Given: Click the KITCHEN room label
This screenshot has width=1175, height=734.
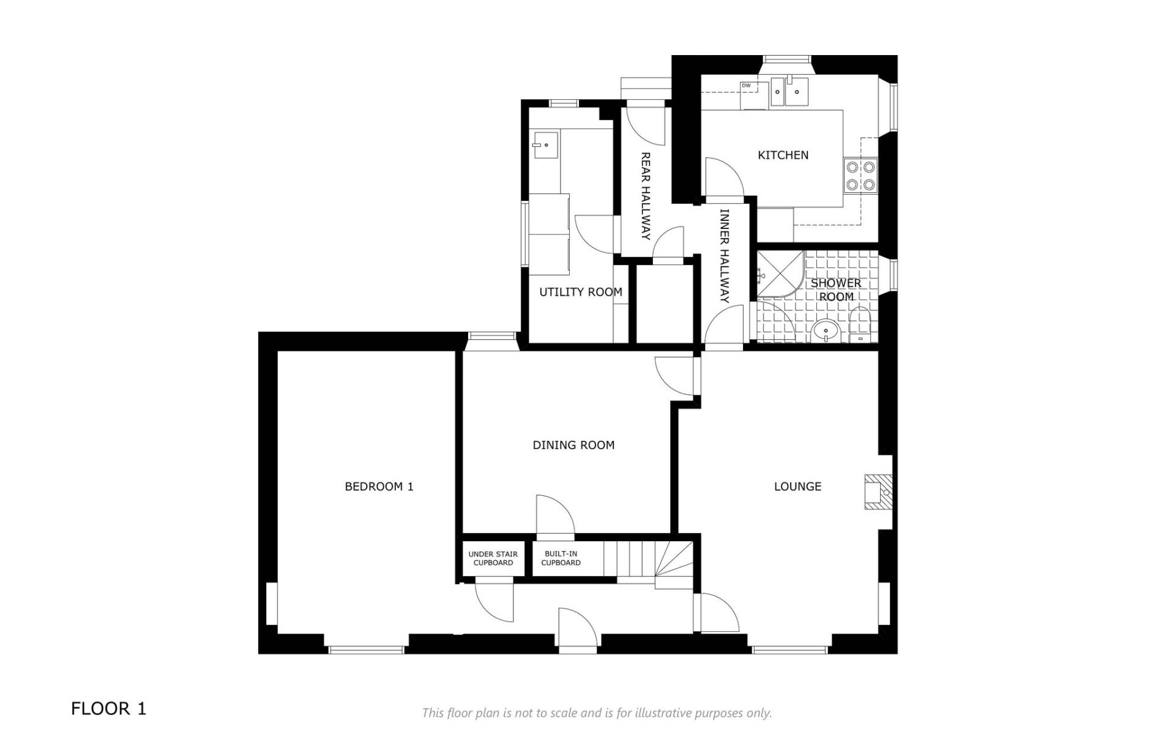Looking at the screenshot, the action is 783,155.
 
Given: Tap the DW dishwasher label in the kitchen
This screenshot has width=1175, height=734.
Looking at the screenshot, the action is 746,86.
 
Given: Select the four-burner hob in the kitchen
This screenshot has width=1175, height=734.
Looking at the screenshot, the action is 860,174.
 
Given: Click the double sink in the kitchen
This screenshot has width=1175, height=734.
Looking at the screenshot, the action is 789,91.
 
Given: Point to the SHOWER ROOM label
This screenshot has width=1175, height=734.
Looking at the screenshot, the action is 836,290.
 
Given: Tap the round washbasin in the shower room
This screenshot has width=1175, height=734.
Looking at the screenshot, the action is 826,331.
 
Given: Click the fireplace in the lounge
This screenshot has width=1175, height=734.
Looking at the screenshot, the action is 878,492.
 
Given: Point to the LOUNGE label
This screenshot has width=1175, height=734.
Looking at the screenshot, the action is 797,487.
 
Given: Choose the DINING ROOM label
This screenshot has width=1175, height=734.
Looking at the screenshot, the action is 573,445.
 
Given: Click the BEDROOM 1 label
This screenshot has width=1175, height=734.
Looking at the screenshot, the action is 379,487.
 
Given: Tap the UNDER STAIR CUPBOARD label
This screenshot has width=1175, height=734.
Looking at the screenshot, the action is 493,558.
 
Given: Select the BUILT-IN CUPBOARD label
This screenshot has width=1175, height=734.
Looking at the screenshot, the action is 561,558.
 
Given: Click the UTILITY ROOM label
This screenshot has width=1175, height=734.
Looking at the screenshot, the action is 580,292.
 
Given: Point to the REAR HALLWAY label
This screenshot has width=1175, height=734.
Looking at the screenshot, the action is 645,196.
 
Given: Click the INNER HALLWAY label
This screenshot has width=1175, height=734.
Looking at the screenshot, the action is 725,256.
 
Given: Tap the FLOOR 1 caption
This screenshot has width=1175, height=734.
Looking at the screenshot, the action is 108,709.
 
